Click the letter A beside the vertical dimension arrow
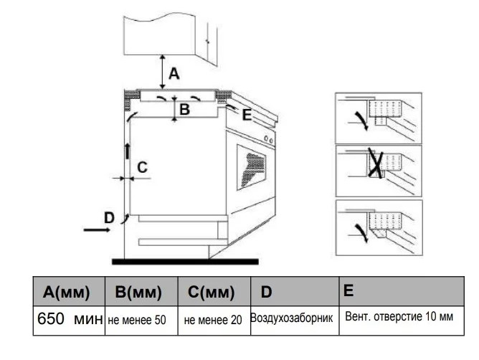coord(174,74)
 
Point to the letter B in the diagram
coord(185,110)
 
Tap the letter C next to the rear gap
coord(143,168)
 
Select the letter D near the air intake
coord(109,218)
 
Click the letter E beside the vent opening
coord(247,115)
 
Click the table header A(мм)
coord(66,292)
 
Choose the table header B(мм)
coord(138,292)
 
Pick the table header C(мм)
coord(211,292)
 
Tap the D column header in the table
coord(266,292)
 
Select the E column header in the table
coord(348,290)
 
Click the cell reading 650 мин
coord(70,319)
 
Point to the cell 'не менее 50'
coord(137,320)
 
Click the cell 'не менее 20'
coord(213,320)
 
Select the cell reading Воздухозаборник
coord(291,318)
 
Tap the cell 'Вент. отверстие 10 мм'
coord(399,316)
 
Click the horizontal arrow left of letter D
coord(97,229)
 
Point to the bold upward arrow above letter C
coord(128,151)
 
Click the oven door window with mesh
coord(251,168)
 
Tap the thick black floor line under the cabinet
coord(185,262)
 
